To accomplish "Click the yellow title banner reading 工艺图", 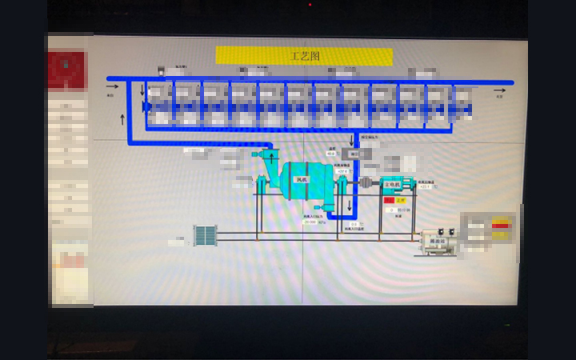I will pyautogui.click(x=304, y=56).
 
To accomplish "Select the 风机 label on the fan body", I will pyautogui.click(x=302, y=179).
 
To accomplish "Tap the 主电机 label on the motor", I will pyautogui.click(x=391, y=184).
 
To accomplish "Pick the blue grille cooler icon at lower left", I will pyautogui.click(x=206, y=235).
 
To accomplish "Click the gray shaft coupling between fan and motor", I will pyautogui.click(x=366, y=183).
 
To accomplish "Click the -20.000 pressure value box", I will pyautogui.click(x=310, y=222).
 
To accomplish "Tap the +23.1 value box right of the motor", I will pyautogui.click(x=424, y=186).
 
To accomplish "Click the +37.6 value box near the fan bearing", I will pyautogui.click(x=342, y=171).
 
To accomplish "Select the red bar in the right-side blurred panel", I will pyautogui.click(x=501, y=226).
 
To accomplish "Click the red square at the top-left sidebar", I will pyautogui.click(x=67, y=70).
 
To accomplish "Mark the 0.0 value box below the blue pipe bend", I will pyautogui.click(x=354, y=224).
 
